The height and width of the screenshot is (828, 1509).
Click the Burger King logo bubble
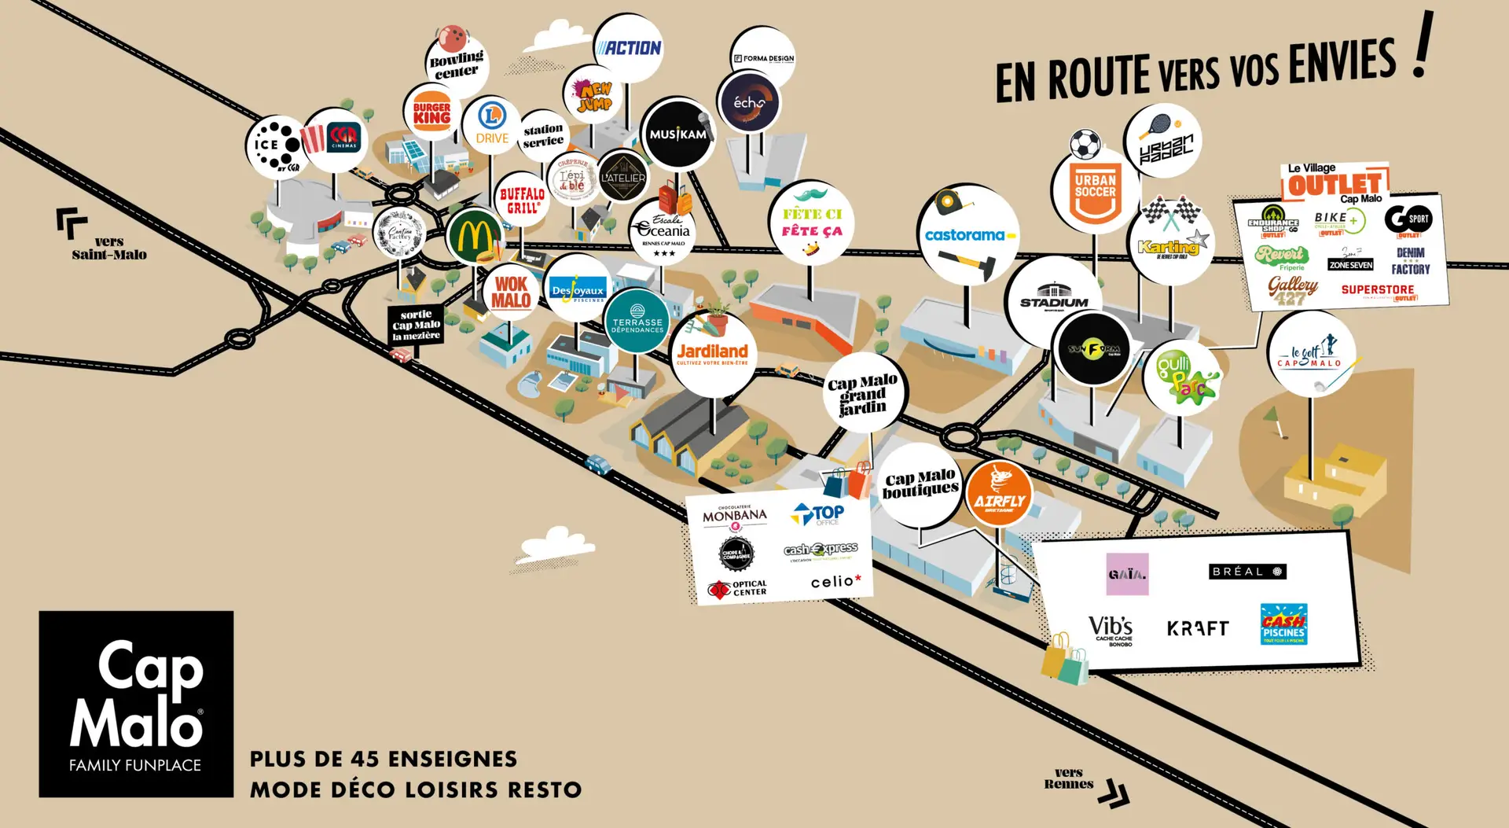431,113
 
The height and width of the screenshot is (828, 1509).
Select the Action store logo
629,48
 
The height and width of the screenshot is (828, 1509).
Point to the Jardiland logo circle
713,353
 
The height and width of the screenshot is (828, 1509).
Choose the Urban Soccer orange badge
1095,191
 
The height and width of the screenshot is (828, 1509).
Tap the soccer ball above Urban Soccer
1085,145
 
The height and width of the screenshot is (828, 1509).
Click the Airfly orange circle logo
999,494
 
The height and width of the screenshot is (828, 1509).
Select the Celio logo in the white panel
835,582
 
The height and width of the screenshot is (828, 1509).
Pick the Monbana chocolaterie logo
734,517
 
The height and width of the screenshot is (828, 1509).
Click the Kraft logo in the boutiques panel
1198,628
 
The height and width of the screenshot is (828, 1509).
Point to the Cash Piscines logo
1283,624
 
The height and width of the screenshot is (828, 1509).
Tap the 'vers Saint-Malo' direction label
108,248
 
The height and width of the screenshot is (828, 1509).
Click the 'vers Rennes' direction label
1069,778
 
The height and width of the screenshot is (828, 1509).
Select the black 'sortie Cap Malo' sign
416,325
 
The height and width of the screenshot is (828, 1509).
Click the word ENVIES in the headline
1342,64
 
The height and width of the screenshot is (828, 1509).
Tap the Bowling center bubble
457,64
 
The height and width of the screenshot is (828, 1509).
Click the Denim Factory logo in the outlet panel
1410,262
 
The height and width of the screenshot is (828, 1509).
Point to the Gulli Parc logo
1181,377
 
